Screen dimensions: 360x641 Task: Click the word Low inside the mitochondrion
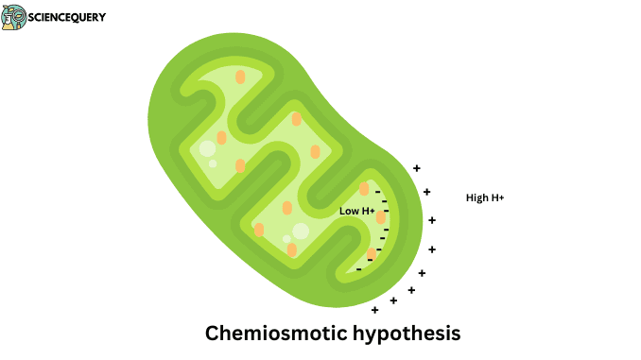click(x=349, y=211)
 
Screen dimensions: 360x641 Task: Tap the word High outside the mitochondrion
click(x=477, y=197)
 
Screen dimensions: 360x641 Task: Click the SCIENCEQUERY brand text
click(x=67, y=17)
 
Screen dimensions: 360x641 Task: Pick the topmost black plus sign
click(x=417, y=168)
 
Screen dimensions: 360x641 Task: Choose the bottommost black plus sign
click(x=375, y=310)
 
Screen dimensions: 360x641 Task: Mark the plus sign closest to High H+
click(x=427, y=192)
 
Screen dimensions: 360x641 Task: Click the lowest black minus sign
click(x=358, y=268)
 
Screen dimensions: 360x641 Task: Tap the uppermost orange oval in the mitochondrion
click(x=240, y=76)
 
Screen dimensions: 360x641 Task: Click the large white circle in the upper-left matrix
click(x=207, y=148)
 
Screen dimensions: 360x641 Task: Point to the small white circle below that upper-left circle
click(x=213, y=163)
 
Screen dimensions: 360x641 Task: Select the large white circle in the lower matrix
click(x=301, y=231)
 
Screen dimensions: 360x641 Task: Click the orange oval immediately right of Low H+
click(x=381, y=217)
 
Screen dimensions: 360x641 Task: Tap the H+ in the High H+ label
click(x=497, y=197)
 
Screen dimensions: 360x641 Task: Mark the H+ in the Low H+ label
click(x=368, y=211)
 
